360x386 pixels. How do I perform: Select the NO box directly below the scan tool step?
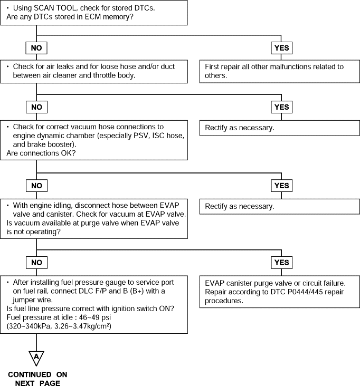(36, 48)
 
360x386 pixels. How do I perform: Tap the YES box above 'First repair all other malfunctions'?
(282, 48)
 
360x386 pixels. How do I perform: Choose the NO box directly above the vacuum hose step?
(37, 107)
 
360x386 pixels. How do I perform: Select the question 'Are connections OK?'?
(41, 153)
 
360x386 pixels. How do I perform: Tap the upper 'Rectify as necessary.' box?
(279, 128)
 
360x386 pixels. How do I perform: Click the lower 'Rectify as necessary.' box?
(279, 207)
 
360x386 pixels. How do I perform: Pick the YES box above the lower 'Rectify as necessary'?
(282, 186)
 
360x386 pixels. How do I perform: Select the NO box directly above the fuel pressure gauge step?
(37, 263)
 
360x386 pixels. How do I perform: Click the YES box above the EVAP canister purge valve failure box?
(282, 263)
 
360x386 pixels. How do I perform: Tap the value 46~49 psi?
(95, 317)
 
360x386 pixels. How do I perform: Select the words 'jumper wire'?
(33, 300)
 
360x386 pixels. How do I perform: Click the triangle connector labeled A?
(36, 358)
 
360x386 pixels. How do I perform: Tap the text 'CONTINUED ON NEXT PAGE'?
(37, 379)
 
